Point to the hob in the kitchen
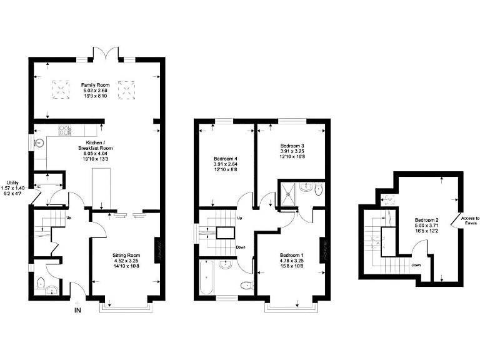coord(64,131)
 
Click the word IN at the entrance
coord(77,310)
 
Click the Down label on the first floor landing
coord(241,247)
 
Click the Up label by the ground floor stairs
coord(68,218)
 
